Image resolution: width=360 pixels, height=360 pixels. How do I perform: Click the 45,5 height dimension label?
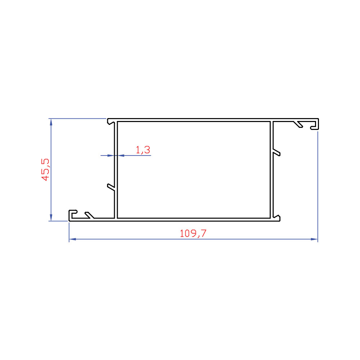coord(45,170)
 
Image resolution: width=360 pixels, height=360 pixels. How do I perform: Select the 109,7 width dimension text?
coord(193,234)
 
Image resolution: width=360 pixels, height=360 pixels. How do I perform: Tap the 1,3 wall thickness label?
coord(143,150)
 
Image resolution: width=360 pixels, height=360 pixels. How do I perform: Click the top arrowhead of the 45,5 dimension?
coord(51,122)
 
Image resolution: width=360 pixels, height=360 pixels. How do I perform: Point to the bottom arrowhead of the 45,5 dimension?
coord(51,217)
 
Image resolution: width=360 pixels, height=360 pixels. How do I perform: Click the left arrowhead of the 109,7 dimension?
coord(73,239)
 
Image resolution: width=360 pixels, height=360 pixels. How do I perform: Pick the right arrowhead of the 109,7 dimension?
coord(314,239)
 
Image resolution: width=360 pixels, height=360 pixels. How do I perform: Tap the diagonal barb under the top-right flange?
coord(298,124)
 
